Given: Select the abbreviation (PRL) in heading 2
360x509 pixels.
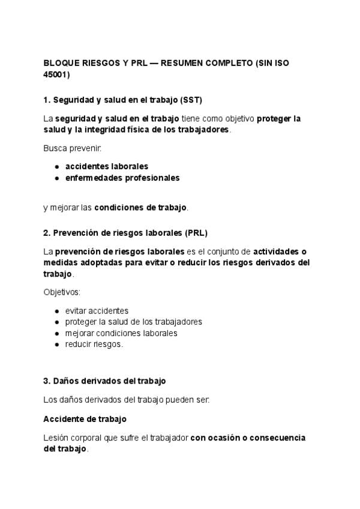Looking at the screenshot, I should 196,232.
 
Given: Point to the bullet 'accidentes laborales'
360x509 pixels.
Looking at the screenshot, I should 107,166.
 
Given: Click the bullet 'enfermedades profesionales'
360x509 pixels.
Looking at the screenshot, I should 122,178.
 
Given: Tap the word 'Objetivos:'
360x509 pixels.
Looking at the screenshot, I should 62,292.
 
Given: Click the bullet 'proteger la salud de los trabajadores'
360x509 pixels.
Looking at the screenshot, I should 133,322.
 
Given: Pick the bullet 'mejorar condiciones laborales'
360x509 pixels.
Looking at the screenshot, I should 121,333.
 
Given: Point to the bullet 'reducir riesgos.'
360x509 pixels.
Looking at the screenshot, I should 94,345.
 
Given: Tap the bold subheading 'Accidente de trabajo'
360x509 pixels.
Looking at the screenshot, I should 85,418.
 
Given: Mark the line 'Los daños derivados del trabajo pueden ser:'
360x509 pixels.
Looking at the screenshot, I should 126,399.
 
